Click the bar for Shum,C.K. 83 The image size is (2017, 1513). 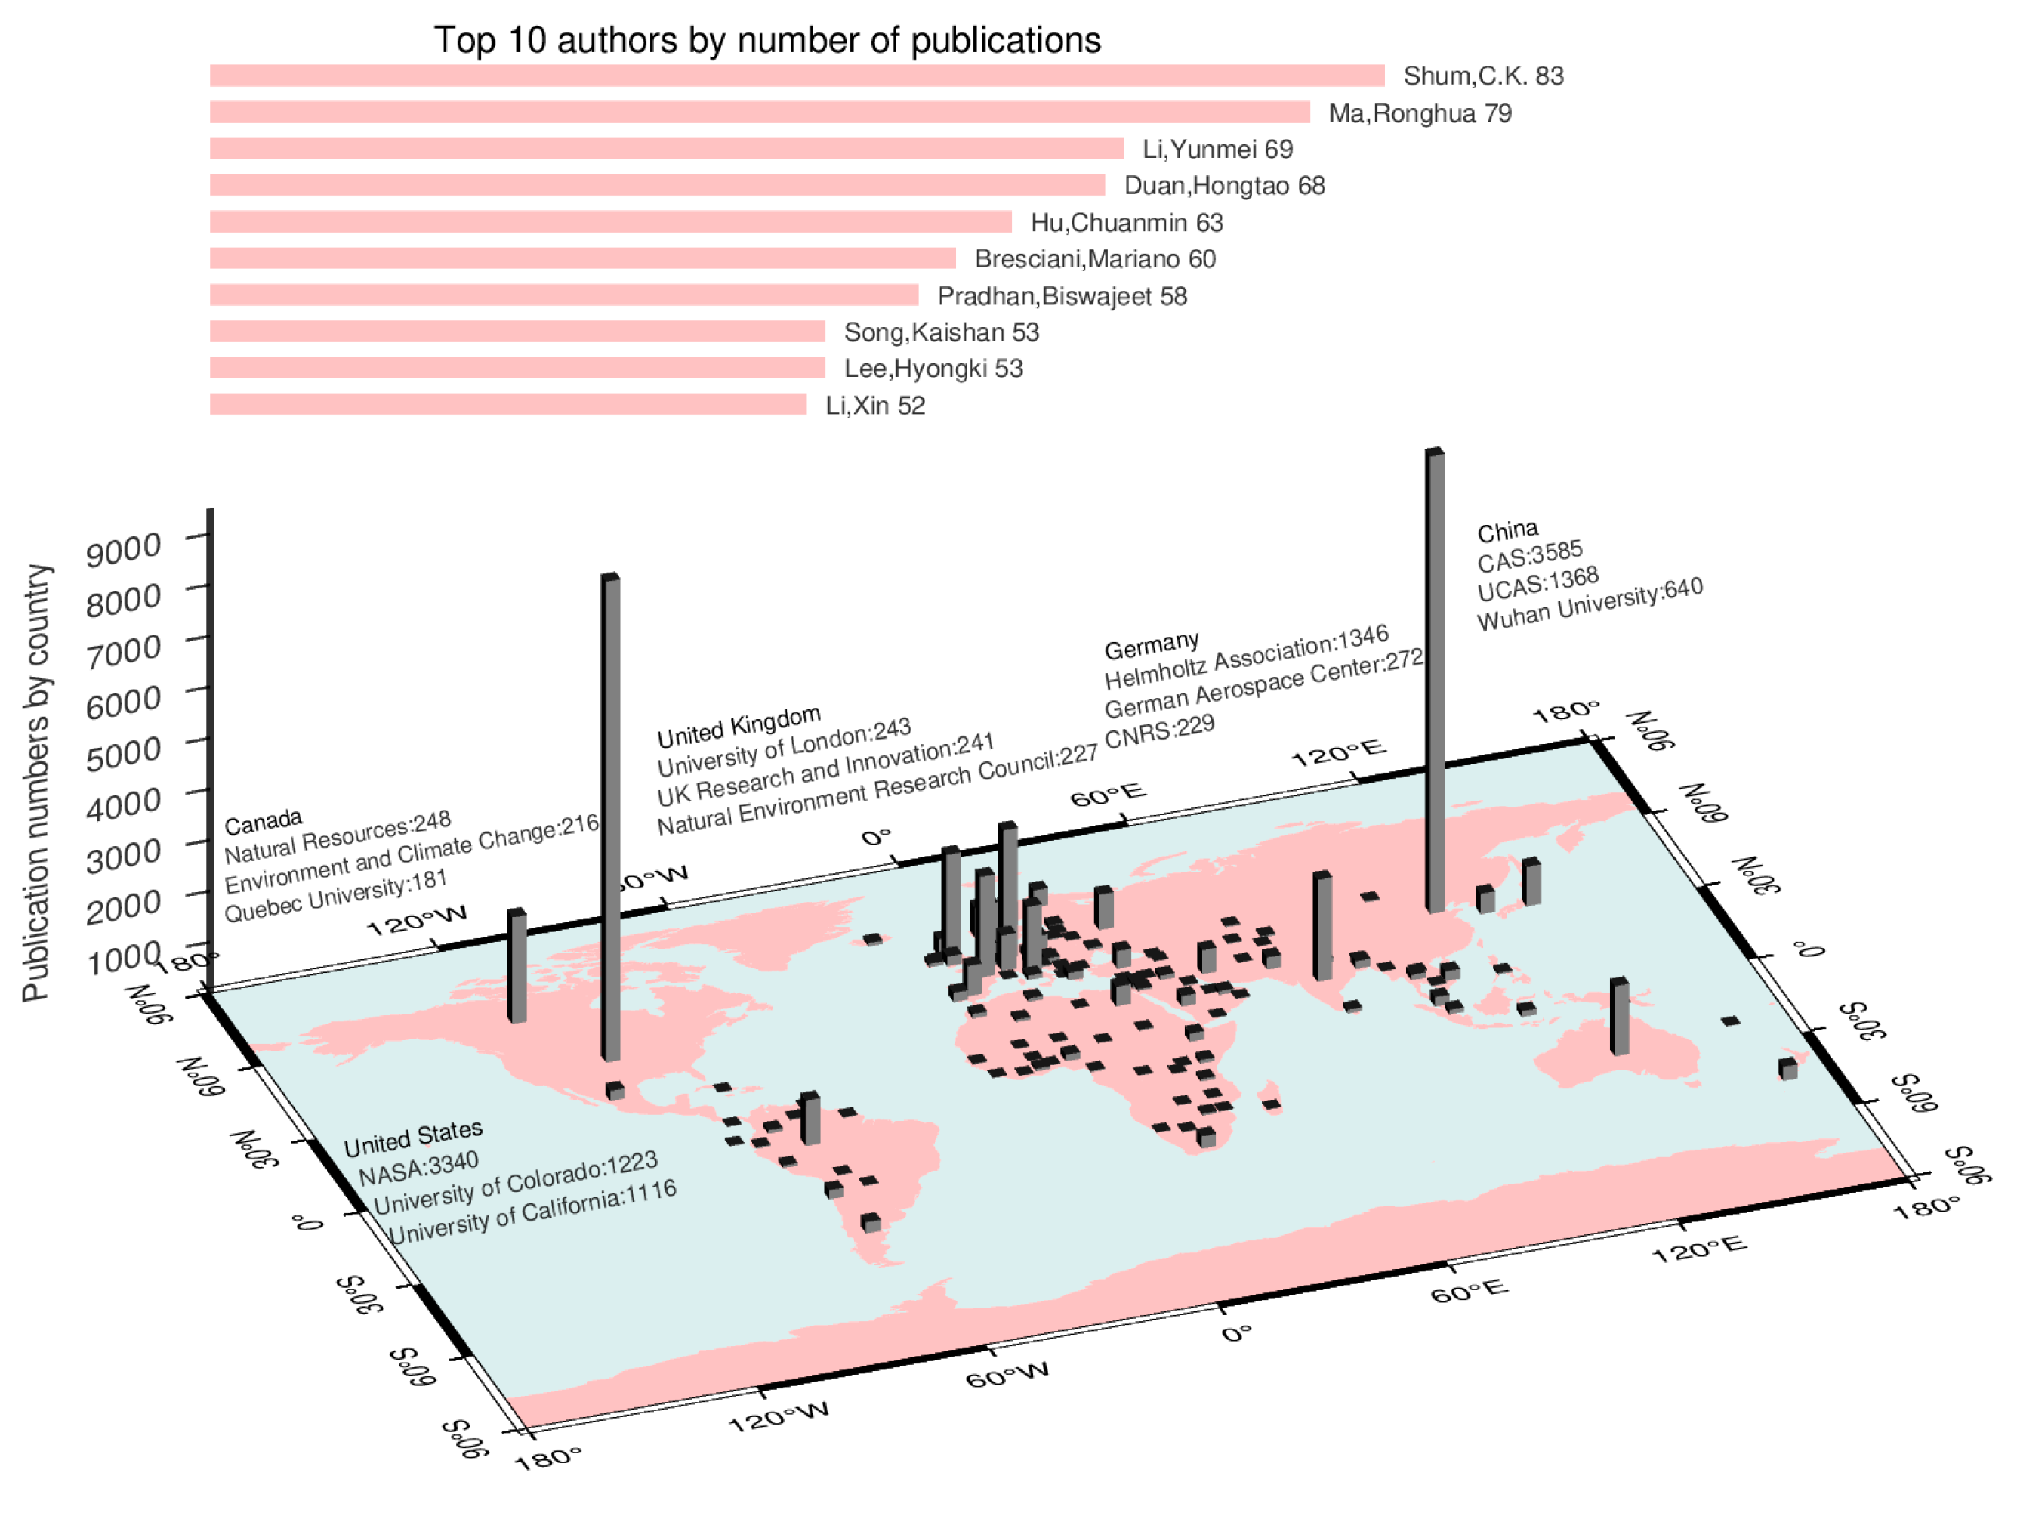pyautogui.click(x=796, y=76)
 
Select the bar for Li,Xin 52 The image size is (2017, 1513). pyautogui.click(x=508, y=404)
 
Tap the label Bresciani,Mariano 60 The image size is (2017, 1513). pyautogui.click(x=1094, y=259)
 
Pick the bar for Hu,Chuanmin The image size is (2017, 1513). pyautogui.click(x=610, y=221)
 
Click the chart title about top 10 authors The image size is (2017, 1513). pyautogui.click(x=767, y=40)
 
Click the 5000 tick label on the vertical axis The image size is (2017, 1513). pyautogui.click(x=123, y=753)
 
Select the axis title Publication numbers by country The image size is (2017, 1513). pyautogui.click(x=36, y=783)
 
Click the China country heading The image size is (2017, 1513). pyautogui.click(x=1507, y=531)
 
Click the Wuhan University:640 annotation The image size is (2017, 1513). pyautogui.click(x=1590, y=604)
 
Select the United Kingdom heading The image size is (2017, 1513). pyautogui.click(x=739, y=726)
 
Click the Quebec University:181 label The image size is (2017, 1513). pyautogui.click(x=335, y=897)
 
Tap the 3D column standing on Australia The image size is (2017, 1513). pyautogui.click(x=1620, y=1016)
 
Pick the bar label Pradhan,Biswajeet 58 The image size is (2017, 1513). pyautogui.click(x=1062, y=296)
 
